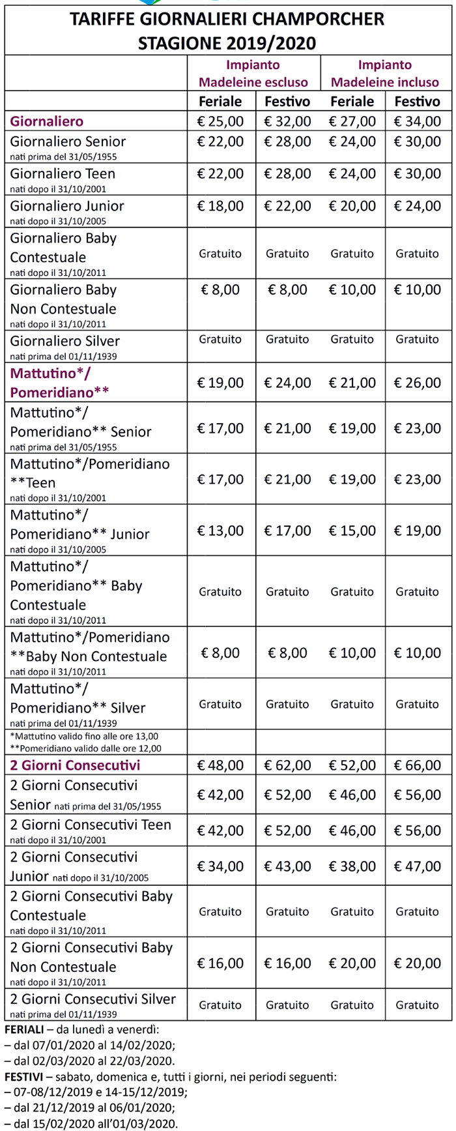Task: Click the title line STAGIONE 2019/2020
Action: coord(227,44)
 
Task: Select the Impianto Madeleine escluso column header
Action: coord(253,74)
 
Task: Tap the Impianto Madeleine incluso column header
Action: coord(385,74)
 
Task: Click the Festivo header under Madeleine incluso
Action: coord(417,101)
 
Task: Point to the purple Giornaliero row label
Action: coord(47,121)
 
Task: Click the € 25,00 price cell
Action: coord(220,121)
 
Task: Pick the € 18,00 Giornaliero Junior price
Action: coord(220,206)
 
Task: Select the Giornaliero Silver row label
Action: coord(65,341)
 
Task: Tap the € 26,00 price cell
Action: coord(417,383)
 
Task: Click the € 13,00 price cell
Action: coord(220,531)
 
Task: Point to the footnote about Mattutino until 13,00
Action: coord(85,736)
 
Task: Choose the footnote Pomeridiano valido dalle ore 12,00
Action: coord(86,748)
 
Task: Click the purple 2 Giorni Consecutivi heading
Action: coord(75,765)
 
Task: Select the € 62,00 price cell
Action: coord(287,765)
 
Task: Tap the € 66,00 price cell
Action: coord(417,765)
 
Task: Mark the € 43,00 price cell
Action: coord(287,866)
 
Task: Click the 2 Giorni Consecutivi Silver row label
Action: coord(93,999)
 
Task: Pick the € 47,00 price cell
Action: coord(417,866)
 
